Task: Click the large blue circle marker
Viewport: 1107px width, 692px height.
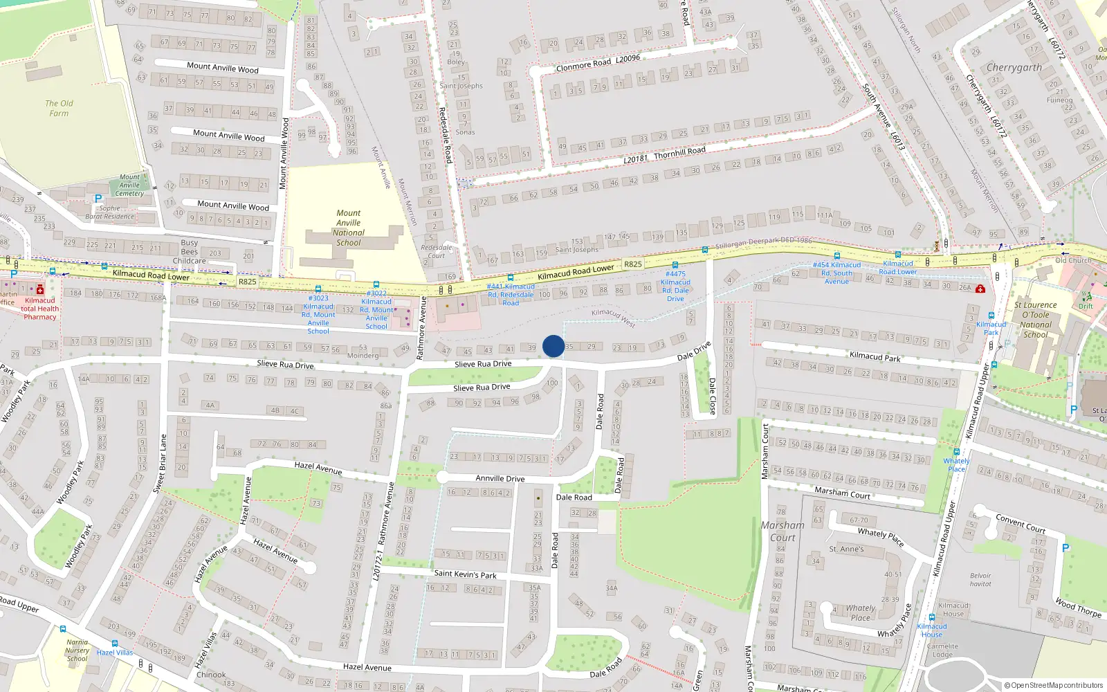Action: pyautogui.click(x=553, y=346)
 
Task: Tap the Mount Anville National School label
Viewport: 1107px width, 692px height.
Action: pyautogui.click(x=349, y=228)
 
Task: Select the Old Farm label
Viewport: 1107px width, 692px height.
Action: pyautogui.click(x=59, y=108)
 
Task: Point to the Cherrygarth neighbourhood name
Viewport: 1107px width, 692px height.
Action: pyautogui.click(x=1014, y=68)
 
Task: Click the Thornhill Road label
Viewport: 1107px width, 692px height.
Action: pyautogui.click(x=679, y=152)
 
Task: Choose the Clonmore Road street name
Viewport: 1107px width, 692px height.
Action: pyautogui.click(x=583, y=64)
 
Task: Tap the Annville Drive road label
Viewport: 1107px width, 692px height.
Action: pyautogui.click(x=500, y=478)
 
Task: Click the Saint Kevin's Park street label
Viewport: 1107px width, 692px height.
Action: pyautogui.click(x=465, y=574)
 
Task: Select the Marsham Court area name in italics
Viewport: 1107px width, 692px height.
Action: pyautogui.click(x=783, y=531)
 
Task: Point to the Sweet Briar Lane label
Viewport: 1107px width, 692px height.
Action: pyautogui.click(x=160, y=464)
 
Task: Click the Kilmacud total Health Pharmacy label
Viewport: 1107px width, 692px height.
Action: pyautogui.click(x=39, y=309)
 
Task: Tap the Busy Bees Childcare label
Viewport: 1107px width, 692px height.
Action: pyautogui.click(x=189, y=251)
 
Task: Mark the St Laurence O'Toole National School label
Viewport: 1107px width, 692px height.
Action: pyautogui.click(x=1035, y=320)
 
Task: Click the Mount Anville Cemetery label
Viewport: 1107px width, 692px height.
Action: pyautogui.click(x=129, y=185)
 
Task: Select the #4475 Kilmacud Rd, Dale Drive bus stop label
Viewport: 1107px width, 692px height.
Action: pyautogui.click(x=675, y=286)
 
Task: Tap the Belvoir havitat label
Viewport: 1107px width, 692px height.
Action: pyautogui.click(x=980, y=579)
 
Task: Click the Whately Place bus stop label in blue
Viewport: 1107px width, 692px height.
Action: pyautogui.click(x=956, y=465)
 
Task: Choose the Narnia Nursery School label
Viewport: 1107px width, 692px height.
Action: pyautogui.click(x=77, y=650)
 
